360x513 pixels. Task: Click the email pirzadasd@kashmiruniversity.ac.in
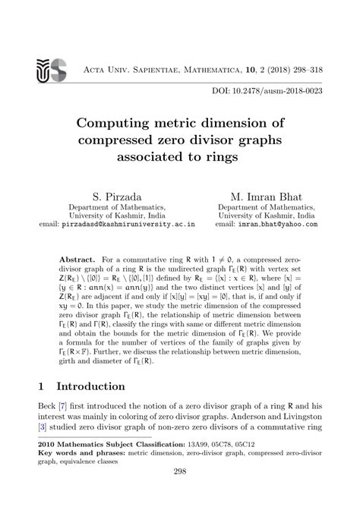click(137, 225)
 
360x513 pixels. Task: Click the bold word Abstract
click(77, 259)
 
